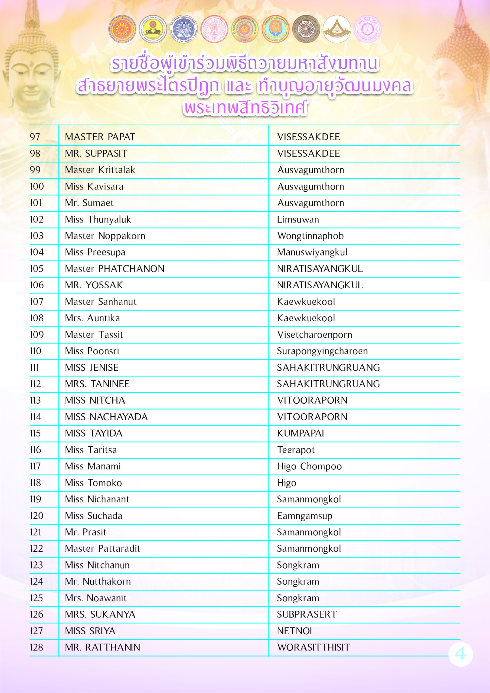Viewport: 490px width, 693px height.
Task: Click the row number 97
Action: pos(35,137)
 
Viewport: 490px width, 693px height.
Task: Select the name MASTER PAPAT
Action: pos(100,137)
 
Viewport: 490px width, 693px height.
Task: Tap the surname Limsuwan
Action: pos(298,220)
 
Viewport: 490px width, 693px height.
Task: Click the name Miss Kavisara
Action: pos(94,187)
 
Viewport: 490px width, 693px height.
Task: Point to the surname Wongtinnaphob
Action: pos(310,236)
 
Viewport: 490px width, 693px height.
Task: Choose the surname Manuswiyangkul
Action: pos(312,252)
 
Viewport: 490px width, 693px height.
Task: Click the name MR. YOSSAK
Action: pos(94,285)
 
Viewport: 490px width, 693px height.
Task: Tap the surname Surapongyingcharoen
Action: pos(322,351)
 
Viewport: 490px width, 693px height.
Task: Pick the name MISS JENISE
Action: pos(92,368)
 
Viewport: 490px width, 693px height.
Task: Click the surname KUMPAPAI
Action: pos(300,433)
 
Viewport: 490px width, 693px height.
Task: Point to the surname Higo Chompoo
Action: pos(309,466)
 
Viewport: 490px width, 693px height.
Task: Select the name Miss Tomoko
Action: pos(93,483)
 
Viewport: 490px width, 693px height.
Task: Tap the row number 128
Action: pos(36,648)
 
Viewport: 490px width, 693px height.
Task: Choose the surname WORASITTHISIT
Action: pos(313,648)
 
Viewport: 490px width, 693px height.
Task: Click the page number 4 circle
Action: pos(461,654)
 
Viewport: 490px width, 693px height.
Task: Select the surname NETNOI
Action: pos(294,631)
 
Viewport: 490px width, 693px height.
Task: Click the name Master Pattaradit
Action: pos(102,549)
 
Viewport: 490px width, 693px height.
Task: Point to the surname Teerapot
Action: pos(296,450)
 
